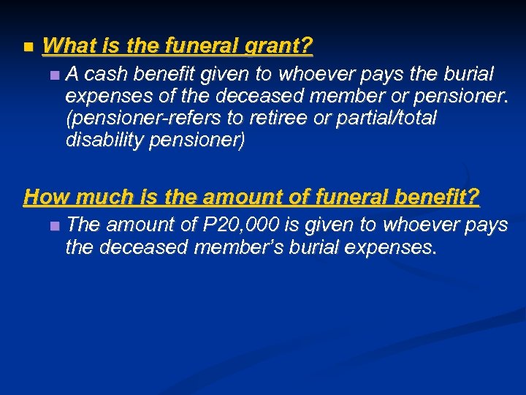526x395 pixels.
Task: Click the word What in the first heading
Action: point(70,46)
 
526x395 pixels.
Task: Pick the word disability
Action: point(102,140)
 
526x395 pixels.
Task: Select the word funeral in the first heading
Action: point(197,46)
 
